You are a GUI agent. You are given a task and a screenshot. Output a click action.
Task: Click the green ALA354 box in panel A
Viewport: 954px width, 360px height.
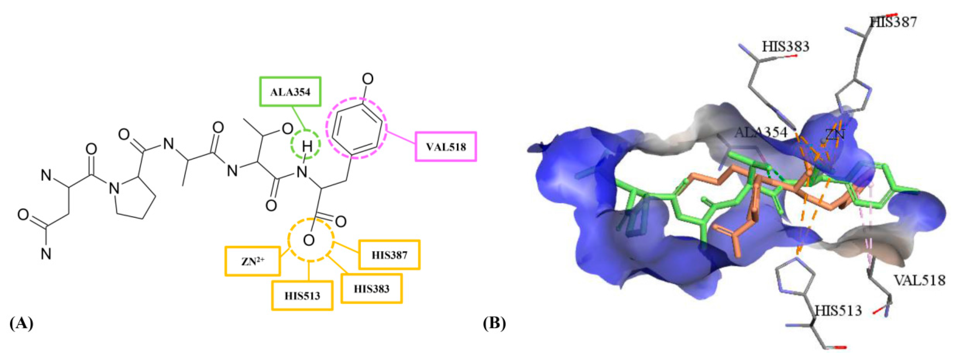[290, 92]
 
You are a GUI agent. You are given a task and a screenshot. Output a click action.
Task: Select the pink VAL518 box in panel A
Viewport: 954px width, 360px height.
[446, 147]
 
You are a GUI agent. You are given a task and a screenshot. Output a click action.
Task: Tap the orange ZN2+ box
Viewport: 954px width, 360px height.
[253, 261]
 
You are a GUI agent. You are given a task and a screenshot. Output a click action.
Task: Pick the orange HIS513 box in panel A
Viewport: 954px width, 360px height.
[302, 295]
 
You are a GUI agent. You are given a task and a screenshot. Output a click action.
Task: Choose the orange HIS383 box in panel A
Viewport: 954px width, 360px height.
[371, 289]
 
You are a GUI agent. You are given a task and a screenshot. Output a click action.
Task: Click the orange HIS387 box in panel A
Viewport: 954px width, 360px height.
[389, 255]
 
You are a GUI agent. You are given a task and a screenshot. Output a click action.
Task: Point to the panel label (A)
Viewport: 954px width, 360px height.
[21, 323]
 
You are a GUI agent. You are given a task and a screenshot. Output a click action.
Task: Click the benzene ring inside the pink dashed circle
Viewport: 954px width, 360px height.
[356, 127]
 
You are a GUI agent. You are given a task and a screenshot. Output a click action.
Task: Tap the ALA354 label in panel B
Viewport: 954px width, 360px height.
[761, 132]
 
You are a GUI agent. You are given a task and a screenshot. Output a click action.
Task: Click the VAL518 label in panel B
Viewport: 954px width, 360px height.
[920, 280]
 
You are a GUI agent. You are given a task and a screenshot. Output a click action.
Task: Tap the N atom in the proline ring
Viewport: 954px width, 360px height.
[114, 190]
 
